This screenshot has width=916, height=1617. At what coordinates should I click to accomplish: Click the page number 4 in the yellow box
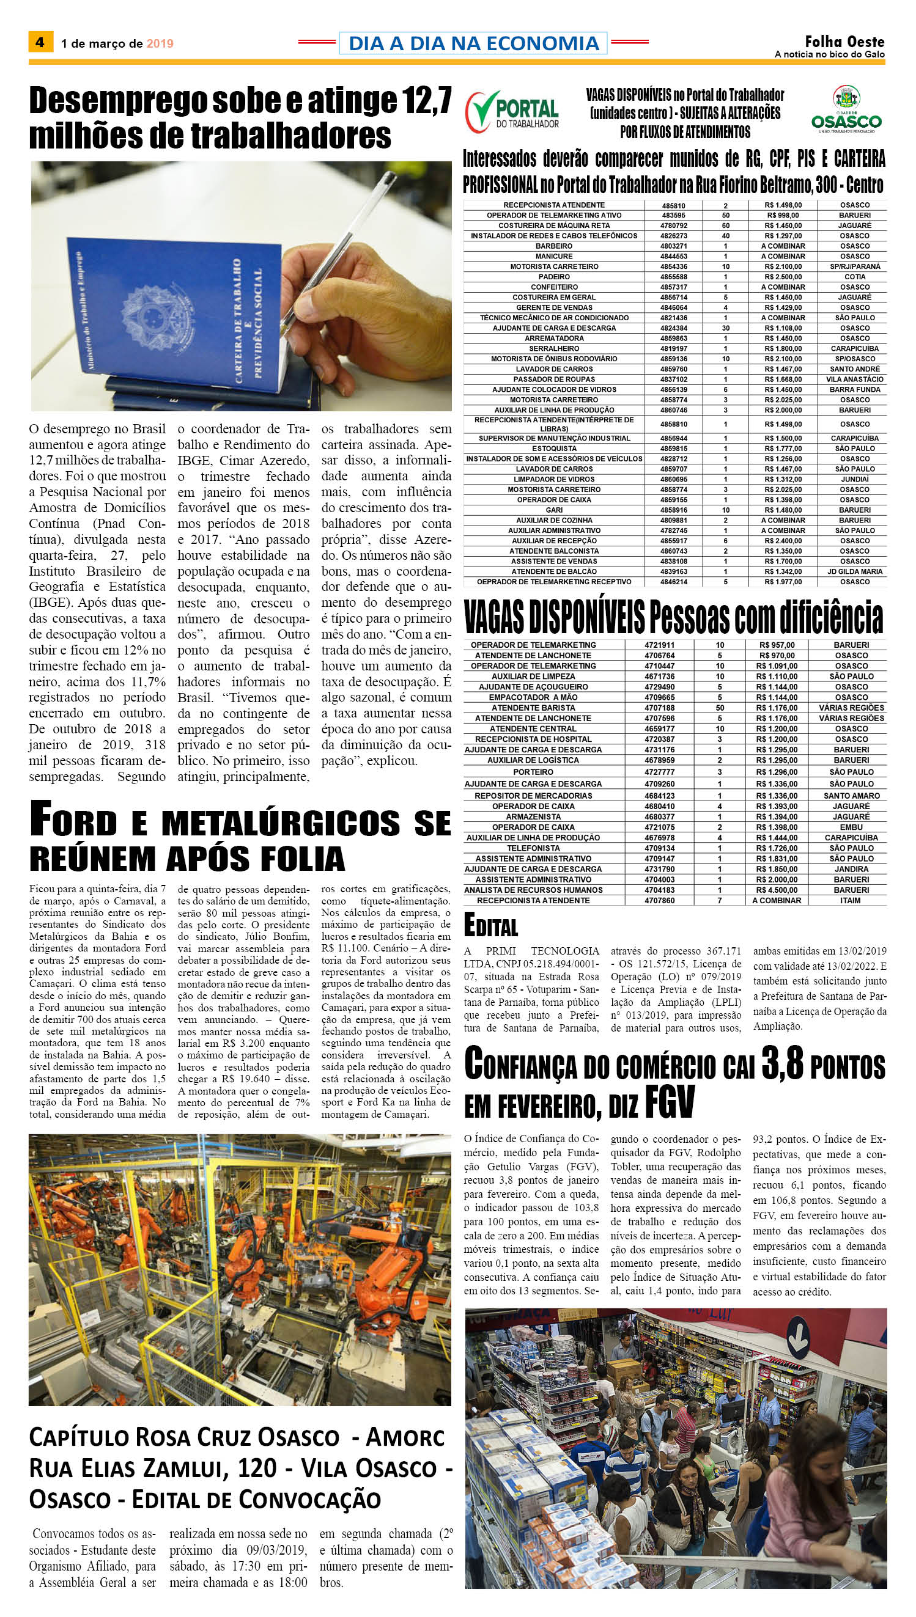pyautogui.click(x=40, y=43)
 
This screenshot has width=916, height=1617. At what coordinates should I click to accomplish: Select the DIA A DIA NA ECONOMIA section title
pyautogui.click(x=473, y=43)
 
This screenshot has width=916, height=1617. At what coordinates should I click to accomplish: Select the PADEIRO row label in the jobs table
pyautogui.click(x=553, y=277)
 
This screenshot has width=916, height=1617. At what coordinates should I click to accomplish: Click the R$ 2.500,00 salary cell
pyautogui.click(x=783, y=277)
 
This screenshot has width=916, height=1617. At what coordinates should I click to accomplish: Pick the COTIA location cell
pyautogui.click(x=854, y=277)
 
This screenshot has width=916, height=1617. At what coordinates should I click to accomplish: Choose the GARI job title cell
pyautogui.click(x=553, y=510)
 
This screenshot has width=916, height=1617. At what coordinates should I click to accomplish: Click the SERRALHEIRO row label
pyautogui.click(x=553, y=348)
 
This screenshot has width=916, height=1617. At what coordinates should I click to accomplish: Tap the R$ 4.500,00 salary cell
pyautogui.click(x=778, y=890)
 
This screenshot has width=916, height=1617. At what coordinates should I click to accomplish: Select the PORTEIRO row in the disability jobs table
pyautogui.click(x=533, y=772)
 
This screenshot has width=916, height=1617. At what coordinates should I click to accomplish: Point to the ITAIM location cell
pyautogui.click(x=851, y=901)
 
